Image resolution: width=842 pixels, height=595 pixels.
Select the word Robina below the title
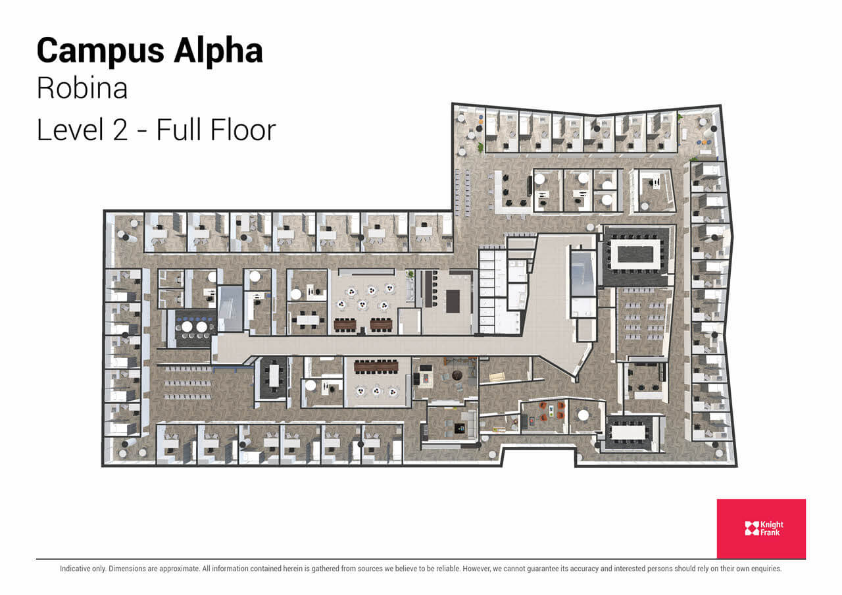82,89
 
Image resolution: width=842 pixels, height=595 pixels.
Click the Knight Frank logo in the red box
761,528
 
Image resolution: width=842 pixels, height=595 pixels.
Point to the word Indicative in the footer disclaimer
82,569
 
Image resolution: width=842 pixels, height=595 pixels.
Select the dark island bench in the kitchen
453,301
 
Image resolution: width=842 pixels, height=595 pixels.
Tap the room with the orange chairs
543,415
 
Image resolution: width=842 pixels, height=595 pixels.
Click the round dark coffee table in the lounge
459,376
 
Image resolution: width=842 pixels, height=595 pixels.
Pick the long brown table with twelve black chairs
376,365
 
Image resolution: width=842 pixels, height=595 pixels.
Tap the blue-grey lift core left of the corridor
230,308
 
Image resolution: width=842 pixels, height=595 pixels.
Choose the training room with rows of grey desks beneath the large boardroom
643,323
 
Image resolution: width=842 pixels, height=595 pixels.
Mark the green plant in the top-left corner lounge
481,146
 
